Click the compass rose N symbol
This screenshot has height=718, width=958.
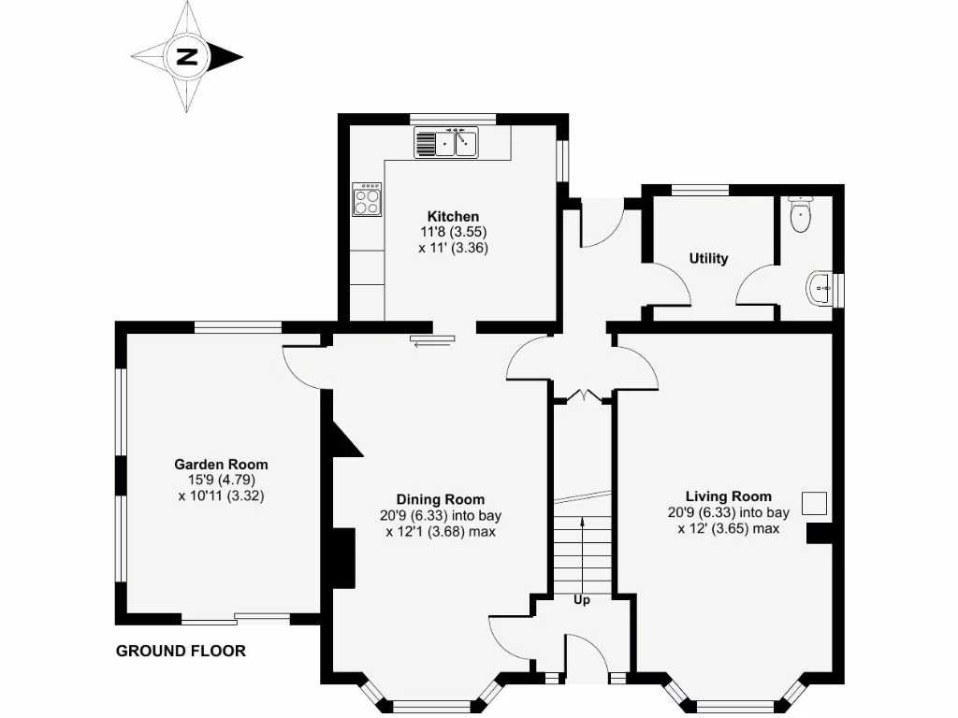coord(187,56)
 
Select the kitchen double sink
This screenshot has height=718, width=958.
coord(446,144)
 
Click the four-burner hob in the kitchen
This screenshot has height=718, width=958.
coord(367,199)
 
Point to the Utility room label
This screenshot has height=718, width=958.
coord(708,259)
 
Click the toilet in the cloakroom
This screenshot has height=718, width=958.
coord(801,216)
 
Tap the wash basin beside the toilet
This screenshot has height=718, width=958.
coord(820,289)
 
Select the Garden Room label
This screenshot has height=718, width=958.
coord(221,464)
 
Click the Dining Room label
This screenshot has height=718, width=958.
coord(440,499)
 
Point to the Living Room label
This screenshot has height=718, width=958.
coord(728,496)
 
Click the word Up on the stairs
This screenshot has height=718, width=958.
coord(581,600)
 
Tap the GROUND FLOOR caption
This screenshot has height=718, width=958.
coord(181,651)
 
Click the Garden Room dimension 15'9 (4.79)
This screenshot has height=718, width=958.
coord(221,481)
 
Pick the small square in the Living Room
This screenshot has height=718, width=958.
coord(815,503)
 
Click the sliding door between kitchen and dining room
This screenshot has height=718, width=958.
coord(432,341)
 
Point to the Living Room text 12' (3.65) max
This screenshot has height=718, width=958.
coord(728,529)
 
